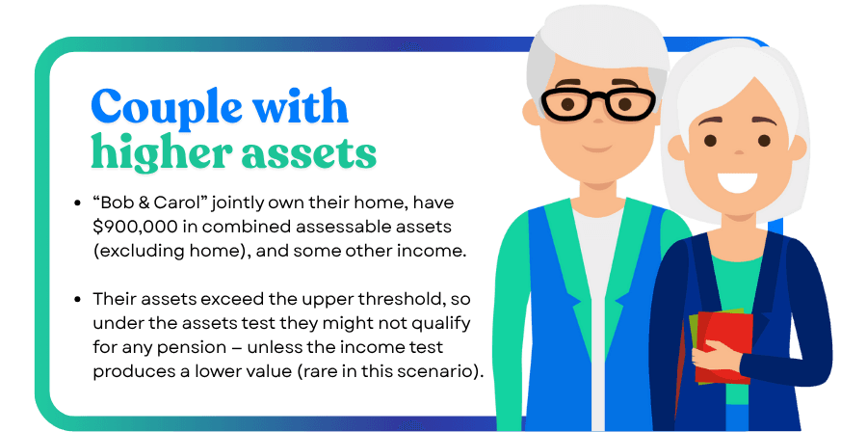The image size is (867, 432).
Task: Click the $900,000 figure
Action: tap(129, 227)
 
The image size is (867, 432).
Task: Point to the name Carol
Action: tap(171, 203)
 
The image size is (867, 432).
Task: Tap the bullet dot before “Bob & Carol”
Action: tap(78, 203)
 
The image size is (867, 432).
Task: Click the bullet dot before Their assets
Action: tap(78, 300)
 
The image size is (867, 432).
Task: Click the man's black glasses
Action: tap(598, 103)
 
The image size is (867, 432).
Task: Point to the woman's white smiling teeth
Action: tap(737, 182)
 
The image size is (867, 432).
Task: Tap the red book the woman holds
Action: tap(723, 347)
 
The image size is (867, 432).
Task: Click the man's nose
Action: tap(597, 118)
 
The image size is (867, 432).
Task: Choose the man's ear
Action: tap(531, 113)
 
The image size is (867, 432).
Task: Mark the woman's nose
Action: tap(739, 150)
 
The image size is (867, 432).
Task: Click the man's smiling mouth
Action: tap(597, 148)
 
